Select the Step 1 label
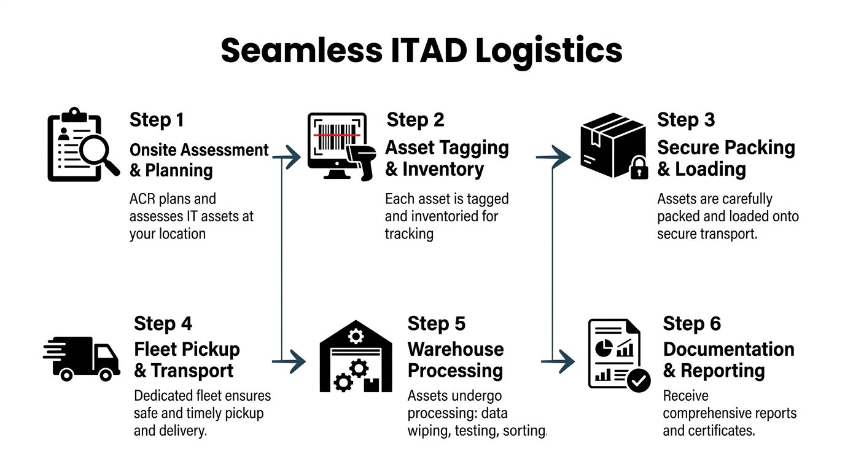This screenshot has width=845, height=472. (157, 120)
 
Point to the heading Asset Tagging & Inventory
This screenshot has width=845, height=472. (446, 159)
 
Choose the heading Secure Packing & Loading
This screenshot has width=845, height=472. (726, 159)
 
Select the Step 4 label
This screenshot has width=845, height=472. (163, 324)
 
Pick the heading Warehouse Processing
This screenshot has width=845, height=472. (456, 360)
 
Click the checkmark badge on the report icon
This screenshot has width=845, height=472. (639, 381)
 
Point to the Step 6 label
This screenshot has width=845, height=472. (691, 324)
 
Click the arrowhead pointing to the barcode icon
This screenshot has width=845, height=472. (295, 158)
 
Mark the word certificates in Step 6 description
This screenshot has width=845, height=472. (720, 430)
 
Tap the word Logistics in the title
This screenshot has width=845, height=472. (549, 51)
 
